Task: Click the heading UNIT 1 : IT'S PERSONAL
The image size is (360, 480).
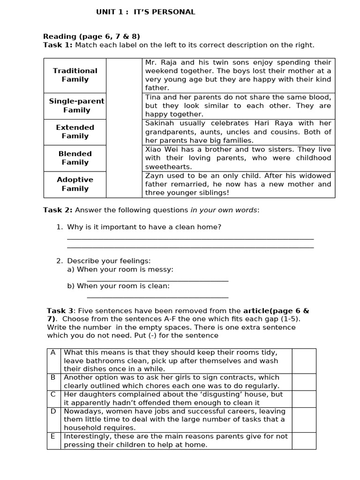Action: [x=146, y=12]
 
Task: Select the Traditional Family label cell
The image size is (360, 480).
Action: [x=75, y=75]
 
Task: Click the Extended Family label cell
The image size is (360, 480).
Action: [x=75, y=132]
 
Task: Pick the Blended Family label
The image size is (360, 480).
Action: [x=75, y=158]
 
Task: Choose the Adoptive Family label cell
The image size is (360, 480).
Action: [x=75, y=184]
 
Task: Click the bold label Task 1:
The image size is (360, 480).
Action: [x=58, y=45]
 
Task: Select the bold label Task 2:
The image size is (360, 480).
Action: [x=58, y=210]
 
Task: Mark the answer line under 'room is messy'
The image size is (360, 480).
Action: [x=157, y=281]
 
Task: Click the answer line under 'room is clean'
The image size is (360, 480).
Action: [x=157, y=297]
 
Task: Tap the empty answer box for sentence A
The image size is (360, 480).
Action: [x=304, y=360]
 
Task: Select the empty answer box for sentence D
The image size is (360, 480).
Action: [x=304, y=420]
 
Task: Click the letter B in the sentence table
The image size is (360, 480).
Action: [x=53, y=377]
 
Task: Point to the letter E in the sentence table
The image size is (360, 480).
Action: [x=53, y=436]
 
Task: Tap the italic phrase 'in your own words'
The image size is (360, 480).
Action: [x=224, y=210]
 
